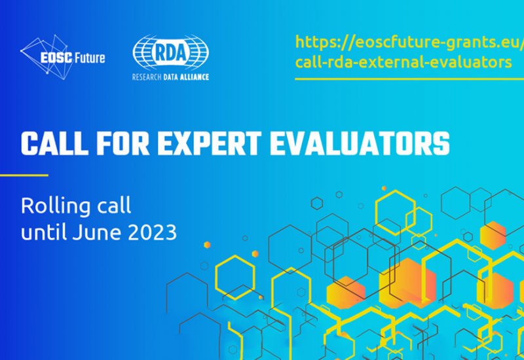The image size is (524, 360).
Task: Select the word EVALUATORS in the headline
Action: click(x=360, y=143)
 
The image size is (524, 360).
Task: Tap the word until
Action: click(x=43, y=232)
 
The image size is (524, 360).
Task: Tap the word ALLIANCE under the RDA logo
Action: click(x=194, y=77)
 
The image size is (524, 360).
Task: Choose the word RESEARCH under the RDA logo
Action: click(x=147, y=77)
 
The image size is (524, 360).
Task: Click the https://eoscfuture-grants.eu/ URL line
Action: click(x=410, y=43)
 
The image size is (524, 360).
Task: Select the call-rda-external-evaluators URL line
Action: click(x=403, y=62)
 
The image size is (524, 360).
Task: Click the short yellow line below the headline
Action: click(x=24, y=175)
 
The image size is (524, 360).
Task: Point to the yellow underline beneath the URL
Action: click(x=409, y=79)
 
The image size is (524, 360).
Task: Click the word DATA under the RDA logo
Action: click(x=170, y=77)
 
